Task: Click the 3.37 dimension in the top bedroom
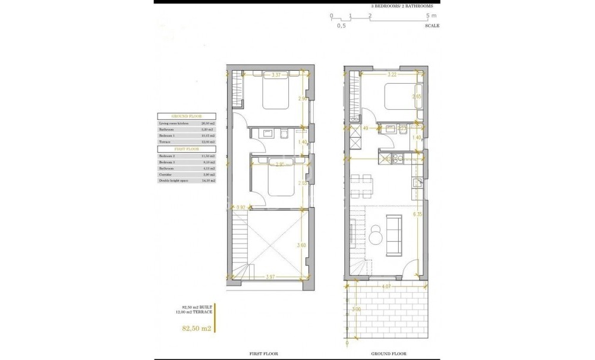point(275,75)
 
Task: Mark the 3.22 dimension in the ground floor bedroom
point(392,75)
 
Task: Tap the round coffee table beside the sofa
point(375,236)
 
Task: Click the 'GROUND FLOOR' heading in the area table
point(186,117)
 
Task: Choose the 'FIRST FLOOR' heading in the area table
point(186,149)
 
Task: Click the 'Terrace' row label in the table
point(165,142)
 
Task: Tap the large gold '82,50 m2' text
point(196,327)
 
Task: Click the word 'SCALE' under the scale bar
point(432,26)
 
